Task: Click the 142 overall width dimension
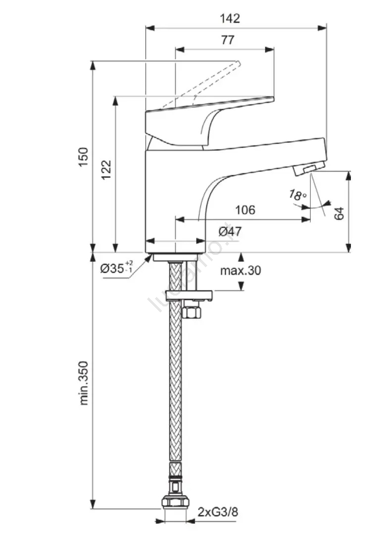tap(230, 19)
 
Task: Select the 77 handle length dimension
tap(227, 41)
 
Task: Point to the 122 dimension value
tap(106, 170)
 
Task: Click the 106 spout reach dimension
tap(244, 210)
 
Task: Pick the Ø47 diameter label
tap(230, 231)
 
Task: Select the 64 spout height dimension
tap(339, 213)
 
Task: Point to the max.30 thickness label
tap(240, 270)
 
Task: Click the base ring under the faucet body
tap(175, 257)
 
